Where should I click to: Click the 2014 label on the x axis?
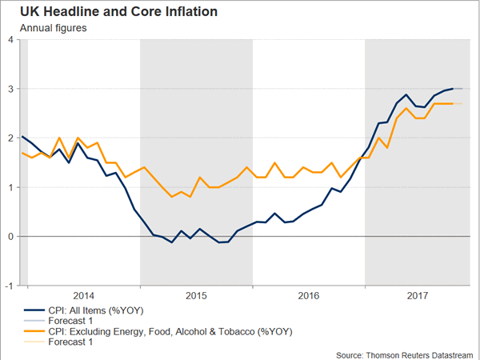[83, 294]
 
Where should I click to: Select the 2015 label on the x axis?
[196, 294]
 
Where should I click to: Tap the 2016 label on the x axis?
[309, 294]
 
